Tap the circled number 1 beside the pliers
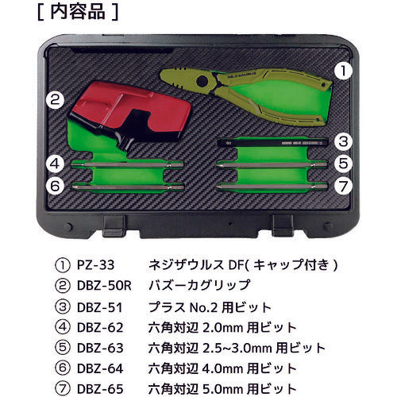pyautogui.click(x=341, y=70)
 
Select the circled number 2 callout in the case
pyautogui.click(x=55, y=100)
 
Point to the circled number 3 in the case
pyautogui.click(x=341, y=142)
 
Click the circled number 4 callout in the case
pyautogui.click(x=54, y=164)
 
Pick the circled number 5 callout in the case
pyautogui.click(x=341, y=164)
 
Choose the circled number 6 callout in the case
pyautogui.click(x=54, y=186)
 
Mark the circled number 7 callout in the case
pyautogui.click(x=341, y=186)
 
